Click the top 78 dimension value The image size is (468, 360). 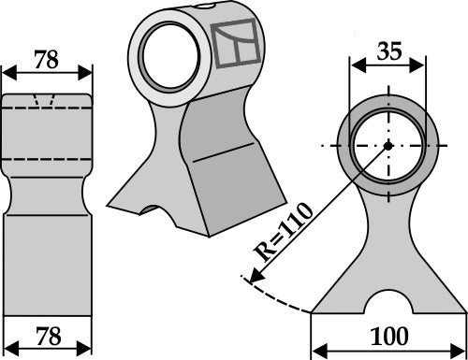click(x=46, y=60)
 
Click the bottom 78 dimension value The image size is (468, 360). click(x=46, y=335)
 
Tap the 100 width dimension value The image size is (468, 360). click(x=387, y=335)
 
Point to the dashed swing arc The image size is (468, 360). click(x=281, y=299)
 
